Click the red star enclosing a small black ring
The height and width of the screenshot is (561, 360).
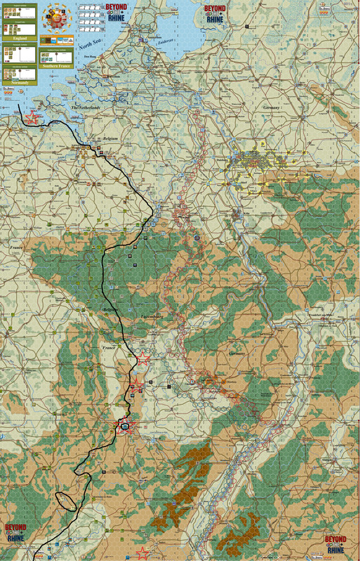coord(125,425)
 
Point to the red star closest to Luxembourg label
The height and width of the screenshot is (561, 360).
coord(143,358)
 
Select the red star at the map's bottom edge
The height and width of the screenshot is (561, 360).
coord(143,553)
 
